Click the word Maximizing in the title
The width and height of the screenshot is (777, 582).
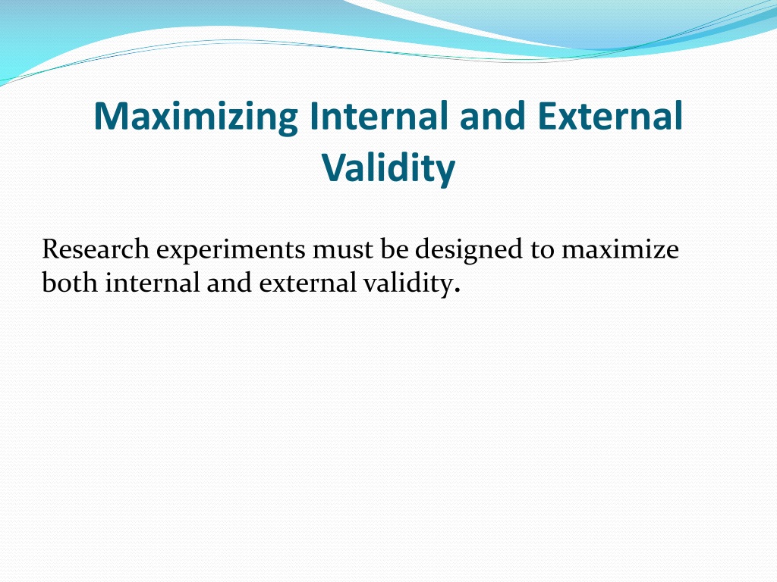click(x=196, y=117)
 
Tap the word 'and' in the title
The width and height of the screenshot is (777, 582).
click(x=492, y=115)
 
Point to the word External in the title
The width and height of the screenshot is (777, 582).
click(x=610, y=115)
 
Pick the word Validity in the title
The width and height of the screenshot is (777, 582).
click(x=388, y=169)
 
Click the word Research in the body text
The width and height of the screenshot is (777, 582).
click(x=96, y=249)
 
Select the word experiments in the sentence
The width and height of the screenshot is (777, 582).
click(x=231, y=251)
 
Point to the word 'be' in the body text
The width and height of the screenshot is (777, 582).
click(x=395, y=249)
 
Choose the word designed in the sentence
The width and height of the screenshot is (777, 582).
click(x=469, y=250)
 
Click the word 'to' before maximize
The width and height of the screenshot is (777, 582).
click(x=542, y=250)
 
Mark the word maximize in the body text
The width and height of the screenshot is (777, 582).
click(x=620, y=249)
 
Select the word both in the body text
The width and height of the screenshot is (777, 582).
click(x=70, y=283)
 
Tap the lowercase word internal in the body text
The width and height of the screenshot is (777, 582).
click(x=152, y=283)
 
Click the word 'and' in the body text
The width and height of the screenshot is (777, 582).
click(x=229, y=283)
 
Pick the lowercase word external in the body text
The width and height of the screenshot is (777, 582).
click(x=308, y=283)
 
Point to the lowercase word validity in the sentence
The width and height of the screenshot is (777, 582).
click(x=407, y=285)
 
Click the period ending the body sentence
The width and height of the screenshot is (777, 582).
click(x=457, y=290)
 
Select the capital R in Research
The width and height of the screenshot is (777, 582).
click(x=51, y=249)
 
